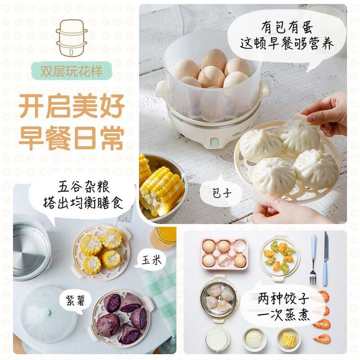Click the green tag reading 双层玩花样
71,71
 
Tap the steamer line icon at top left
72,38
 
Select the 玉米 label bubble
150,261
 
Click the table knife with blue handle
326,258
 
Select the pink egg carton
225,254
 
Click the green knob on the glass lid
47,312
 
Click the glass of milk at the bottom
217,340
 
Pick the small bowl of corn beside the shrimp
289,339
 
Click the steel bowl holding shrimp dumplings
218,298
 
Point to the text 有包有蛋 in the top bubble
287,27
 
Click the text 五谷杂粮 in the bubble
83,186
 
